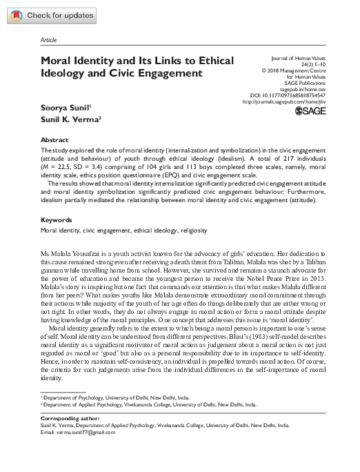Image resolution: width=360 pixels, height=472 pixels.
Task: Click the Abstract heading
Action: (55, 139)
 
